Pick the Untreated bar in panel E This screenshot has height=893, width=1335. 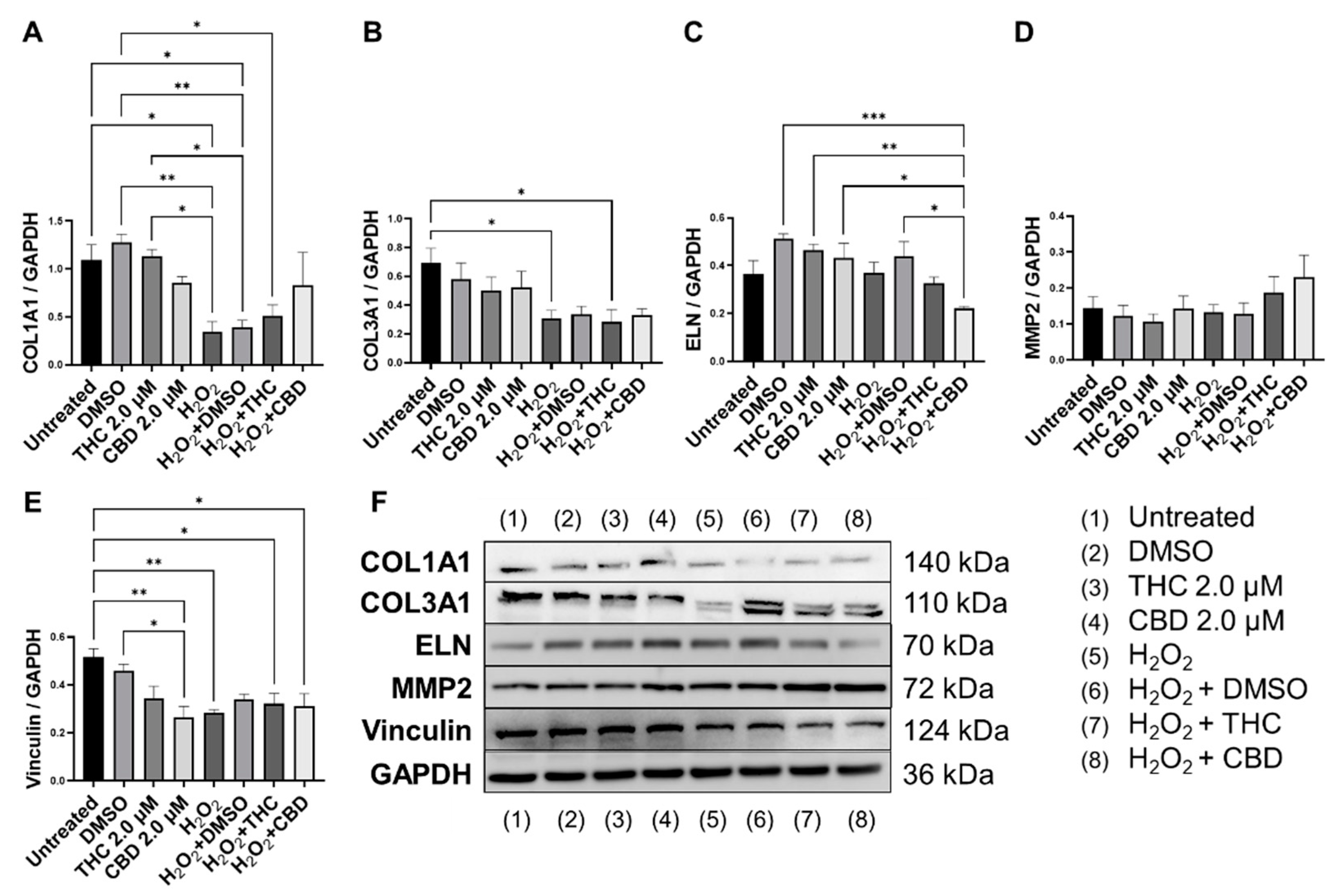click(93, 718)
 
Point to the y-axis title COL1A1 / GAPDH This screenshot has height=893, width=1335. click(31, 293)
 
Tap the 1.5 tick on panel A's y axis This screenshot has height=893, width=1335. click(60, 220)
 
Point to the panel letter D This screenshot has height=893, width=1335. click(1023, 33)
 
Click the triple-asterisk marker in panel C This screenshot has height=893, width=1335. click(873, 117)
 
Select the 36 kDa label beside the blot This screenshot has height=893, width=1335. click(948, 774)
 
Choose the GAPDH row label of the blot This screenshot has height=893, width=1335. click(421, 774)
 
